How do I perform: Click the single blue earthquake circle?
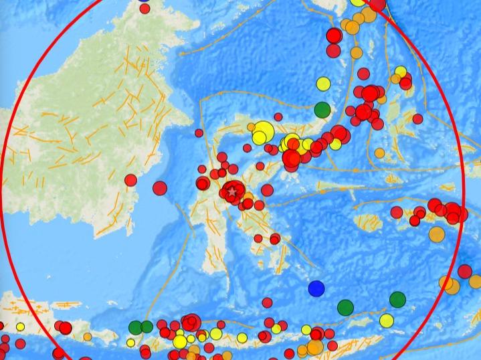[316, 288]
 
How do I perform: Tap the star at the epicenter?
[232, 192]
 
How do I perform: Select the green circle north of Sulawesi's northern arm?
[322, 108]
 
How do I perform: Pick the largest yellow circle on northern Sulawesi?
[263, 129]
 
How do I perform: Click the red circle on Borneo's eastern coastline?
[130, 179]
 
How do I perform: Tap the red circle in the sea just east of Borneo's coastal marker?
[159, 188]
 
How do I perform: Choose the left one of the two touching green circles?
[135, 327]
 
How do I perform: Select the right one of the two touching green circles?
[147, 327]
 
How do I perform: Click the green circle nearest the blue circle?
[345, 307]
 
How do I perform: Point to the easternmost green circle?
[397, 299]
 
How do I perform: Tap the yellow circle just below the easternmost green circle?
[387, 321]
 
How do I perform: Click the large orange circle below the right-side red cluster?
[436, 234]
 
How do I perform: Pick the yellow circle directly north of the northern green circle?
[323, 84]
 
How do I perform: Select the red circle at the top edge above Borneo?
[144, 8]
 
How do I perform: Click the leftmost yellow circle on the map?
[20, 327]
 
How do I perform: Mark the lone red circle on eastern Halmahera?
[417, 119]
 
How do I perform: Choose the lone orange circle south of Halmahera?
[380, 153]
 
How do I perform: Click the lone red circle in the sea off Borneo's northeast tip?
[199, 133]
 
